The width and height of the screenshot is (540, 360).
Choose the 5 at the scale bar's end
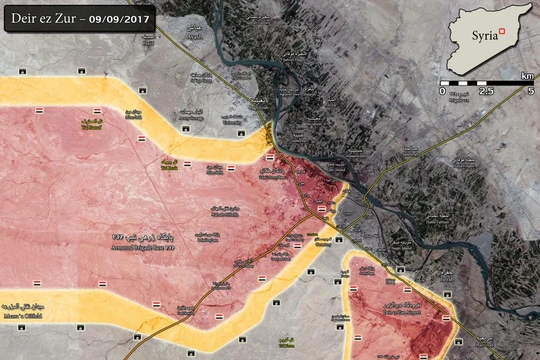point(530,91)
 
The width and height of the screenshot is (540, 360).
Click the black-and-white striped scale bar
point(486,82)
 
